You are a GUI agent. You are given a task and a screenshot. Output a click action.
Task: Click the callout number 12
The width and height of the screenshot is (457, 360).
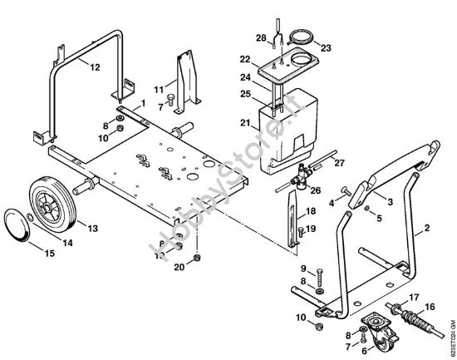(x=95, y=66)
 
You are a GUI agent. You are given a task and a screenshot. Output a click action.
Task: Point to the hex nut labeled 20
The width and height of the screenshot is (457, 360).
(x=194, y=258)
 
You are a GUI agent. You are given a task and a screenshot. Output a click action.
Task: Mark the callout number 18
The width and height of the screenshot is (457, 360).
(x=312, y=212)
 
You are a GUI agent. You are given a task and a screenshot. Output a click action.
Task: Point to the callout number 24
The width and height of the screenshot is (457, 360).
(x=246, y=77)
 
